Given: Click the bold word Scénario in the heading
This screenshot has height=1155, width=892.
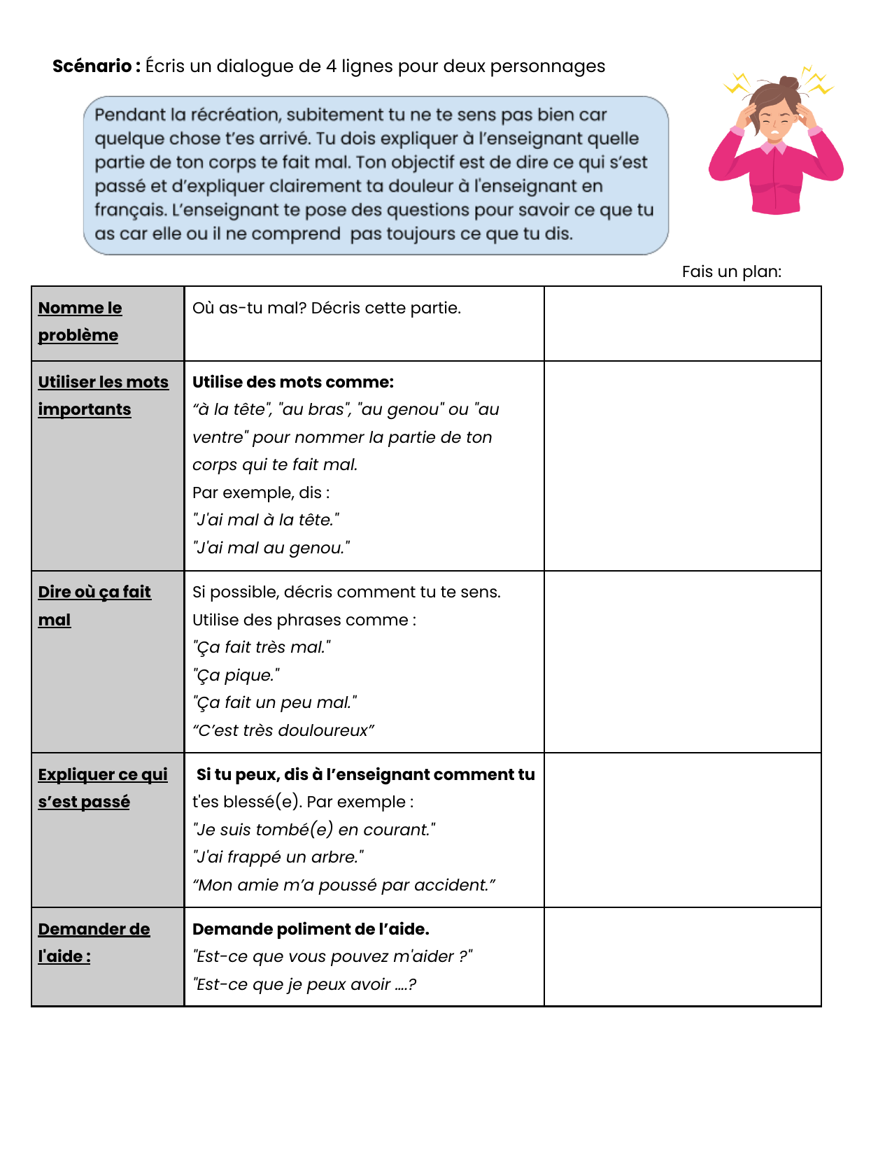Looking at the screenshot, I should pyautogui.click(x=92, y=66).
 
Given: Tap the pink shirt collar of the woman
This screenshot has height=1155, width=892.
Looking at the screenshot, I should pyautogui.click(x=774, y=147).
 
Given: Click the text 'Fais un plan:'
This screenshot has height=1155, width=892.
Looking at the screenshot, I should pyautogui.click(x=731, y=271).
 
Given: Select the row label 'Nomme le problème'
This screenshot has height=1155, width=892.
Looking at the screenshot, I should pyautogui.click(x=80, y=322).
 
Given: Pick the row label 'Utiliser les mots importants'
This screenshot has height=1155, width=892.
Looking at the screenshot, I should pyautogui.click(x=103, y=395).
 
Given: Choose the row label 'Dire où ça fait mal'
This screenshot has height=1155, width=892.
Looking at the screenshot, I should pyautogui.click(x=94, y=606).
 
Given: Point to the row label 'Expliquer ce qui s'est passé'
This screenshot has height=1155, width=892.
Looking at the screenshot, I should pyautogui.click(x=102, y=788).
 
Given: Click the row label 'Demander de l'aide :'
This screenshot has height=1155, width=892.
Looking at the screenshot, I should pyautogui.click(x=94, y=942).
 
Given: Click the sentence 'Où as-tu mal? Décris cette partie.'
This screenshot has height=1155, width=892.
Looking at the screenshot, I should pyautogui.click(x=326, y=308).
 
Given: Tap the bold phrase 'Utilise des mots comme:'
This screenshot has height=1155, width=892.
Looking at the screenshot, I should pyautogui.click(x=292, y=382).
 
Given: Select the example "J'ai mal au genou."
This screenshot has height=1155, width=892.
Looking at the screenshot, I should pyautogui.click(x=271, y=548).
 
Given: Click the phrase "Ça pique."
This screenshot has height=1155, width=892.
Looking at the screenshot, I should pyautogui.click(x=236, y=675).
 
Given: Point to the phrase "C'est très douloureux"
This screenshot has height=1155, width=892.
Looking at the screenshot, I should pyautogui.click(x=283, y=730).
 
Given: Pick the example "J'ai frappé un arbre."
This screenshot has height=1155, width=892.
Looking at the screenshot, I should pyautogui.click(x=278, y=857).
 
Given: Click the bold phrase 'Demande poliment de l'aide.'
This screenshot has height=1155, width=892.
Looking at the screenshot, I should pyautogui.click(x=311, y=929).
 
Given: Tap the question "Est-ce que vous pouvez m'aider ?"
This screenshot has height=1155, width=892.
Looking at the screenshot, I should pyautogui.click(x=332, y=956).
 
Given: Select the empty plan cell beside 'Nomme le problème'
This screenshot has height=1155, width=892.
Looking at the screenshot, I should pyautogui.click(x=682, y=323).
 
